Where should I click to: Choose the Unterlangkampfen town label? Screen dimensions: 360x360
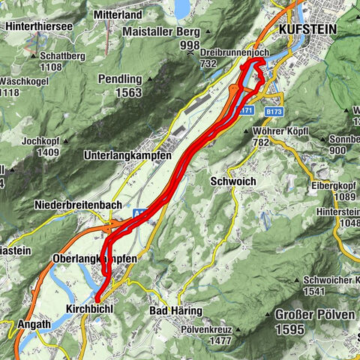(127, 155)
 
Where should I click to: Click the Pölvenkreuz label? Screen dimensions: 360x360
(210, 328)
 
